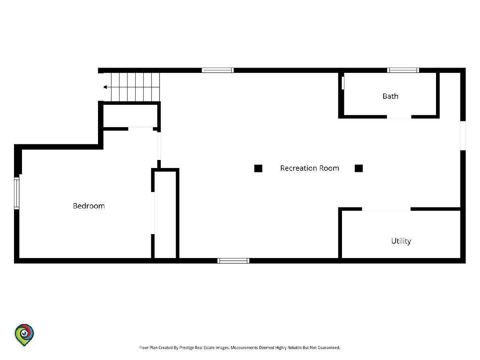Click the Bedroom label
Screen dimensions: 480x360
89,206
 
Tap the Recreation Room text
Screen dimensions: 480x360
310,168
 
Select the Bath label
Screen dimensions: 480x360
390,96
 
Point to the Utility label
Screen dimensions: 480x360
401,241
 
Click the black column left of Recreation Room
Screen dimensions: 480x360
258,168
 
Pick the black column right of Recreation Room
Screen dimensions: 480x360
359,168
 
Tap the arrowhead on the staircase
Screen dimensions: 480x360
105,87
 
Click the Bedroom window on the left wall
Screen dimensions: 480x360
17,193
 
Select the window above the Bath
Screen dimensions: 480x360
403,70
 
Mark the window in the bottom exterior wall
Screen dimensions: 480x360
233,261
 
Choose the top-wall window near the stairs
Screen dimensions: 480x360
218,70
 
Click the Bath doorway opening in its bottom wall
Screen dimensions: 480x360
399,117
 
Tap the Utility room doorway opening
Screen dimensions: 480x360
386,209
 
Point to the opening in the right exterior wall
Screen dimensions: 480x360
463,136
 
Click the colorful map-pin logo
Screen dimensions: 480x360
24,335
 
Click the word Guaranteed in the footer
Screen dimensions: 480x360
329,348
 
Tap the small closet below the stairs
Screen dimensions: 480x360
130,116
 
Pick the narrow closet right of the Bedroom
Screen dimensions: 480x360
165,215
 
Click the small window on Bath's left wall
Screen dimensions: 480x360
343,83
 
